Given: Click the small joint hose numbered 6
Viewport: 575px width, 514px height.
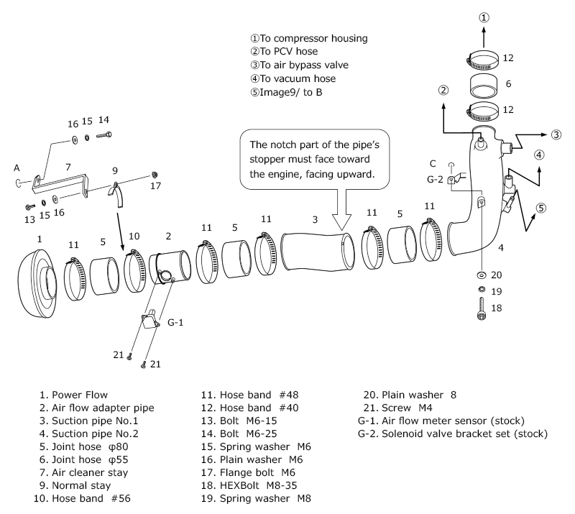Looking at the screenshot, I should tap(484, 85).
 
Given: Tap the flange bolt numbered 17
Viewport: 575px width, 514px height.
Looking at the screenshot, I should tap(155, 175).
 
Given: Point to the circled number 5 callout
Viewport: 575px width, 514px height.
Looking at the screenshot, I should tap(541, 208).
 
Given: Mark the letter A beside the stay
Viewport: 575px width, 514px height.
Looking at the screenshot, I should tap(16, 167).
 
